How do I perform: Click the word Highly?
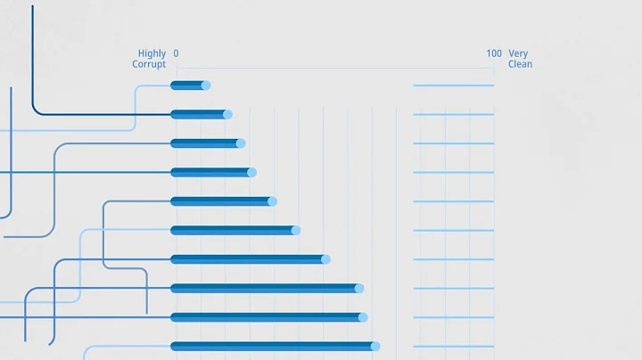pyautogui.click(x=152, y=53)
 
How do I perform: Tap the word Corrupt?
pyautogui.click(x=149, y=64)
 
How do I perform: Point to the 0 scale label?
pyautogui.click(x=176, y=53)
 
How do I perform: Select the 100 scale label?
pyautogui.click(x=494, y=53)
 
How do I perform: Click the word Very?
pyautogui.click(x=518, y=53)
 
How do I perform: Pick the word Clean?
pyautogui.click(x=520, y=64)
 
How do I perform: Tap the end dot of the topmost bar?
pyautogui.click(x=206, y=86)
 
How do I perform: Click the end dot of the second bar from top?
pyautogui.click(x=227, y=114)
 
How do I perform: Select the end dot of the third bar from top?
pyautogui.click(x=241, y=143)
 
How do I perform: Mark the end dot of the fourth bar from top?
pyautogui.click(x=251, y=172)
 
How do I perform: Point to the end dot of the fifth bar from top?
pyautogui.click(x=272, y=201)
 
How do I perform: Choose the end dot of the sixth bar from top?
pyautogui.click(x=296, y=230)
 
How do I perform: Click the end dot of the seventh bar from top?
pyautogui.click(x=325, y=259)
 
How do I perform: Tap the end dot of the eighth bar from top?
pyautogui.click(x=359, y=288)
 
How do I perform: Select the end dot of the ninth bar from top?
pyautogui.click(x=364, y=317)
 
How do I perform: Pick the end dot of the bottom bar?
pyautogui.click(x=375, y=346)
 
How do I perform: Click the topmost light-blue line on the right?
pyautogui.click(x=453, y=86)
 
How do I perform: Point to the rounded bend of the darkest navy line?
pyautogui.click(x=36, y=110)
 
